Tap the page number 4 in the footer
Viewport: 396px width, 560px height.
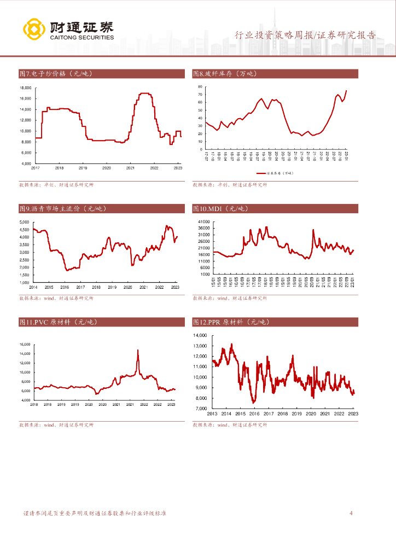[351, 514]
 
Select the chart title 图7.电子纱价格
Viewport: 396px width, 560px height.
[56, 73]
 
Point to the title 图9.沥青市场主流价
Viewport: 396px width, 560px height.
[62, 208]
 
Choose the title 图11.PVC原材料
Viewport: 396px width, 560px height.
[58, 322]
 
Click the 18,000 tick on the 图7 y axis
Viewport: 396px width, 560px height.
[25, 87]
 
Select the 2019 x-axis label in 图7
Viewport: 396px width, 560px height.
[83, 168]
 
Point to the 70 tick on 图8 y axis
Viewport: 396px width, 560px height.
[200, 94]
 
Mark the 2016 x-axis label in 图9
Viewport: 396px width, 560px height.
[64, 287]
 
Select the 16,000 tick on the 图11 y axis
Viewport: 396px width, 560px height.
[25, 345]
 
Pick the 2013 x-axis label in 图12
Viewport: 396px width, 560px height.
[212, 414]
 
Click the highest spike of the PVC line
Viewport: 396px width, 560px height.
[138, 349]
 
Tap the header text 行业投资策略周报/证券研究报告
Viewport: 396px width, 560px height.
[305, 36]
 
